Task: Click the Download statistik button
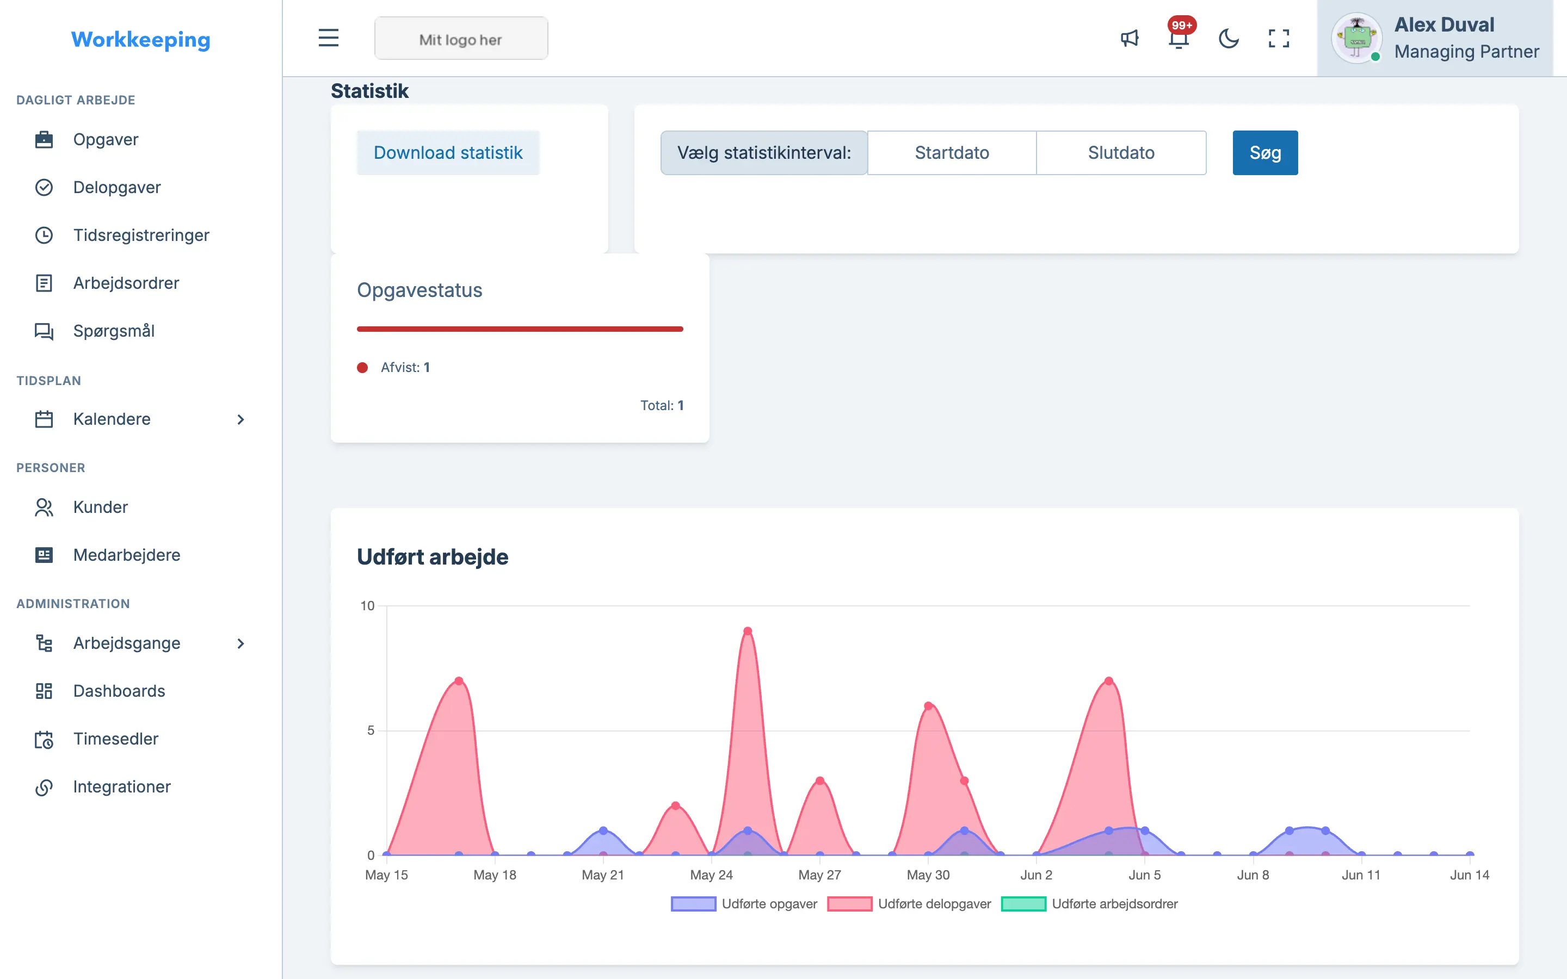[x=448, y=153]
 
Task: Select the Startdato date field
[x=952, y=153]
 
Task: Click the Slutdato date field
[x=1121, y=153]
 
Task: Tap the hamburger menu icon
[x=328, y=38]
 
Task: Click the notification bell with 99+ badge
[x=1179, y=38]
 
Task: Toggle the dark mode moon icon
[x=1229, y=38]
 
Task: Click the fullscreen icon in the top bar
[x=1278, y=38]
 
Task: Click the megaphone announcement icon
[x=1130, y=38]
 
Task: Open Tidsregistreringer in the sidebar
[x=141, y=235]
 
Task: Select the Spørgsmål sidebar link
[x=113, y=331]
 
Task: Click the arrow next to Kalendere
[x=240, y=419]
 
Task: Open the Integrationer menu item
[x=122, y=786]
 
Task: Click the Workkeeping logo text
[x=140, y=40]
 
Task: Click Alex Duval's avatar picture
[x=1356, y=38]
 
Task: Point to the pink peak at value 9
[x=747, y=631]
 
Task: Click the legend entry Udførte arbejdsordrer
[x=1089, y=904]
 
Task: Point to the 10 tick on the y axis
[x=367, y=606]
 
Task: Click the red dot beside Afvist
[x=362, y=368]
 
